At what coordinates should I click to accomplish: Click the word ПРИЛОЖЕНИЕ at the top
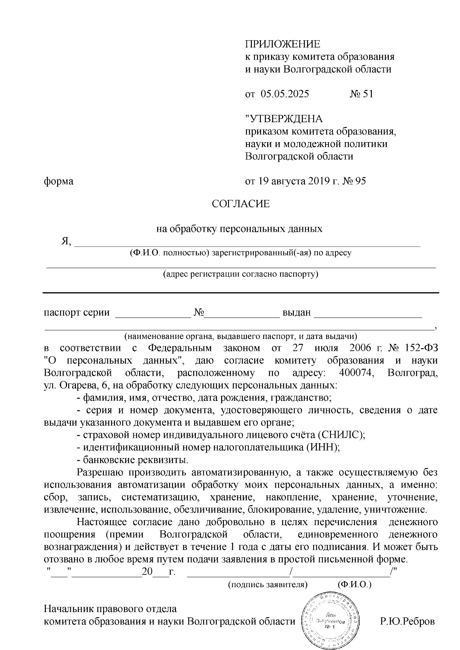[x=283, y=44]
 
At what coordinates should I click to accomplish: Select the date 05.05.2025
[x=285, y=94]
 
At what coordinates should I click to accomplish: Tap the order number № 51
[x=361, y=94]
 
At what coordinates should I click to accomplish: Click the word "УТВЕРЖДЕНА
[x=284, y=119]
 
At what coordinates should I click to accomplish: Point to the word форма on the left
[x=59, y=181]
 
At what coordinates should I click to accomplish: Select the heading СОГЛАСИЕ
[x=241, y=204]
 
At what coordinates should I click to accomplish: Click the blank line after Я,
[x=247, y=242]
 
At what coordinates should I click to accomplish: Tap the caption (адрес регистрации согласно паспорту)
[x=240, y=274]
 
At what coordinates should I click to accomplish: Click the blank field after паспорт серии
[x=153, y=313]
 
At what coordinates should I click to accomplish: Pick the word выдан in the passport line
[x=296, y=313]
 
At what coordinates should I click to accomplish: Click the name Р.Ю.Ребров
[x=407, y=621]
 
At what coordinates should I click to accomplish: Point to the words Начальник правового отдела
[x=110, y=609]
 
